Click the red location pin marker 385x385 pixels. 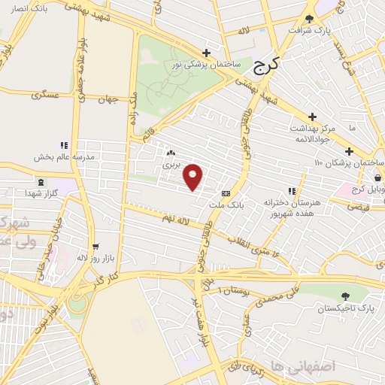tap(193, 177)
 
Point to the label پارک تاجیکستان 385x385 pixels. tap(345, 308)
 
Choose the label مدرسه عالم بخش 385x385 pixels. tap(62, 158)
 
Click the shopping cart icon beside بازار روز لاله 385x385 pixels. tap(95, 246)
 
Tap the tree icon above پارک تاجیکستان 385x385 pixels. tap(345, 297)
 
